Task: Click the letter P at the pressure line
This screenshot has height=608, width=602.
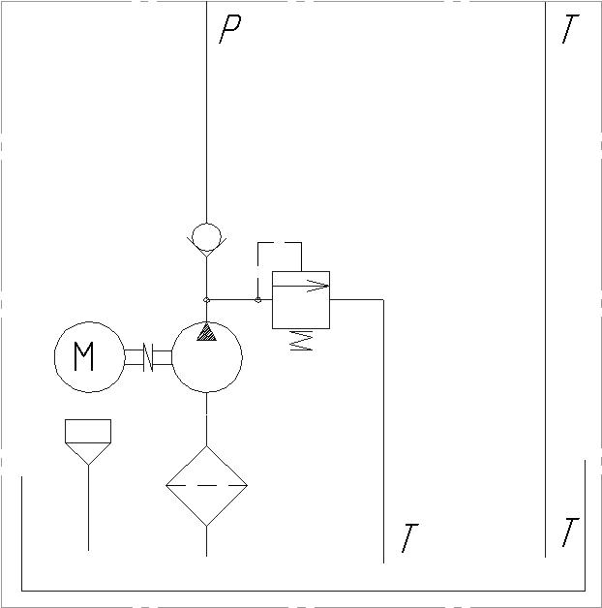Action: click(x=230, y=29)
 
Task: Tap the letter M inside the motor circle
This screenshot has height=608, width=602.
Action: click(x=84, y=356)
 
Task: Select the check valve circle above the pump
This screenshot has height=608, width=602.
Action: click(x=206, y=237)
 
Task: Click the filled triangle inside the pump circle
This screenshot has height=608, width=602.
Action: click(x=206, y=332)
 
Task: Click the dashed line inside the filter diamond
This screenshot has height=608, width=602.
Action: click(x=206, y=485)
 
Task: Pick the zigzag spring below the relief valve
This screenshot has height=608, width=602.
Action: click(x=301, y=341)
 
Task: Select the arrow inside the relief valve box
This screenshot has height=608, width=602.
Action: click(x=301, y=286)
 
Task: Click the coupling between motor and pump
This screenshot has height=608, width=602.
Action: click(x=148, y=357)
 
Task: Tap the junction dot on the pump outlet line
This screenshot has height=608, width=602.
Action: click(x=206, y=299)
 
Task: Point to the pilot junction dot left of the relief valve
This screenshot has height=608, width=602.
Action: click(x=257, y=300)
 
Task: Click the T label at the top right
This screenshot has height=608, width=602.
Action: click(x=570, y=28)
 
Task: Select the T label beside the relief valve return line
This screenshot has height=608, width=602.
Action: click(x=409, y=538)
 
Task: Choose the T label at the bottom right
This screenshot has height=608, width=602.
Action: click(x=570, y=532)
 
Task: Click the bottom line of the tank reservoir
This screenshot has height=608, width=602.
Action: click(x=303, y=591)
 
